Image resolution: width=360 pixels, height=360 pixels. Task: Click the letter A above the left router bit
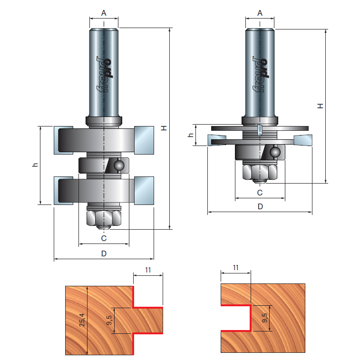104,13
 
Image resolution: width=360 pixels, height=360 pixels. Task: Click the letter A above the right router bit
260,13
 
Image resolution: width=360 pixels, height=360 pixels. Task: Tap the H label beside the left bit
164,128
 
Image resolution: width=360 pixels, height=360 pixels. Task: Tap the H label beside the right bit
320,106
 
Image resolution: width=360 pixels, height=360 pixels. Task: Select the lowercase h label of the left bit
35,165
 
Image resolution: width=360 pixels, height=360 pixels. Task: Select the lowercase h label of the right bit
191,135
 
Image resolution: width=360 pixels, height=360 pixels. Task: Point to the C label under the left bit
104,238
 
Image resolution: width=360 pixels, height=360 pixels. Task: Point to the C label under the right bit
260,193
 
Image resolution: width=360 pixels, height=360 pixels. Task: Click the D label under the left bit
104,253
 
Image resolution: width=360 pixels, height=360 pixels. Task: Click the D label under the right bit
260,206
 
